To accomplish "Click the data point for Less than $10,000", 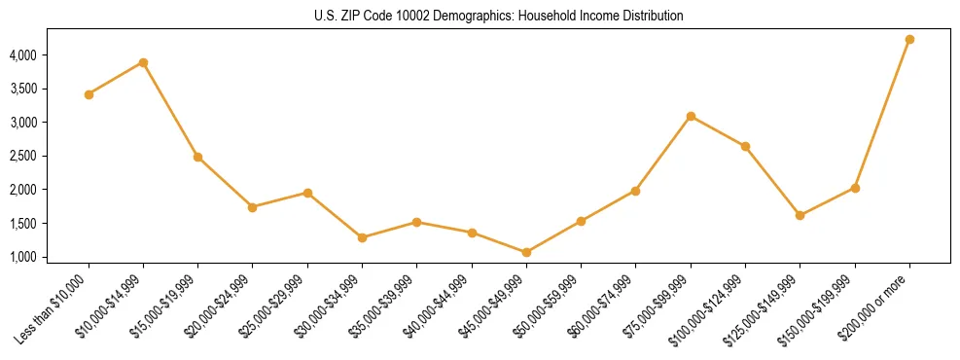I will [89, 94].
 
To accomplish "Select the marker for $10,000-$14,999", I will [143, 62].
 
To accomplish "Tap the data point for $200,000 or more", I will [909, 39].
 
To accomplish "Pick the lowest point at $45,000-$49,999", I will [526, 252].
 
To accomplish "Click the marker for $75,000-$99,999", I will [691, 116].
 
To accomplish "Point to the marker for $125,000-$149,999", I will [800, 215].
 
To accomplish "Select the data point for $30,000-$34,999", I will [362, 237].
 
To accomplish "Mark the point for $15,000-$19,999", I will [197, 157].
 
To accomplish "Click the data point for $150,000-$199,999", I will [855, 188].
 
